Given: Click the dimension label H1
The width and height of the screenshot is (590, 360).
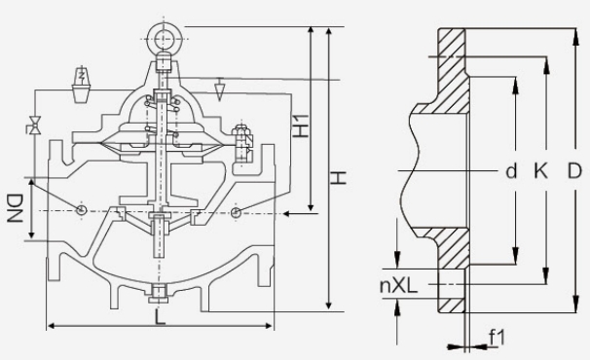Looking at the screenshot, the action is pyautogui.click(x=301, y=126).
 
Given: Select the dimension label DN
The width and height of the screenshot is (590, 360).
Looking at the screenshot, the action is pyautogui.click(x=15, y=208).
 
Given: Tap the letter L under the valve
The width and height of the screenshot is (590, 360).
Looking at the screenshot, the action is pyautogui.click(x=161, y=318).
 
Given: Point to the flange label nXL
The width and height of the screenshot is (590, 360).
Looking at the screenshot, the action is pyautogui.click(x=399, y=285).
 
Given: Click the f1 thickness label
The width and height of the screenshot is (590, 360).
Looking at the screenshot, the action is pyautogui.click(x=497, y=337).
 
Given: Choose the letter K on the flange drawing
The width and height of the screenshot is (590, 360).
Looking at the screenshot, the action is pyautogui.click(x=540, y=171).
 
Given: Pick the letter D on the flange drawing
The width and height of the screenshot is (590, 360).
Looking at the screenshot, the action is pyautogui.click(x=574, y=171).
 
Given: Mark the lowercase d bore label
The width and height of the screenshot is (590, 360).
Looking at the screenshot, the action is pyautogui.click(x=511, y=171).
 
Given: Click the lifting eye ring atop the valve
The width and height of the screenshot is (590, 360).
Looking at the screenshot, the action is pyautogui.click(x=165, y=38).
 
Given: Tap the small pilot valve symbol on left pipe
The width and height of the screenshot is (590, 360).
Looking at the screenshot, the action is pyautogui.click(x=35, y=125).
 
